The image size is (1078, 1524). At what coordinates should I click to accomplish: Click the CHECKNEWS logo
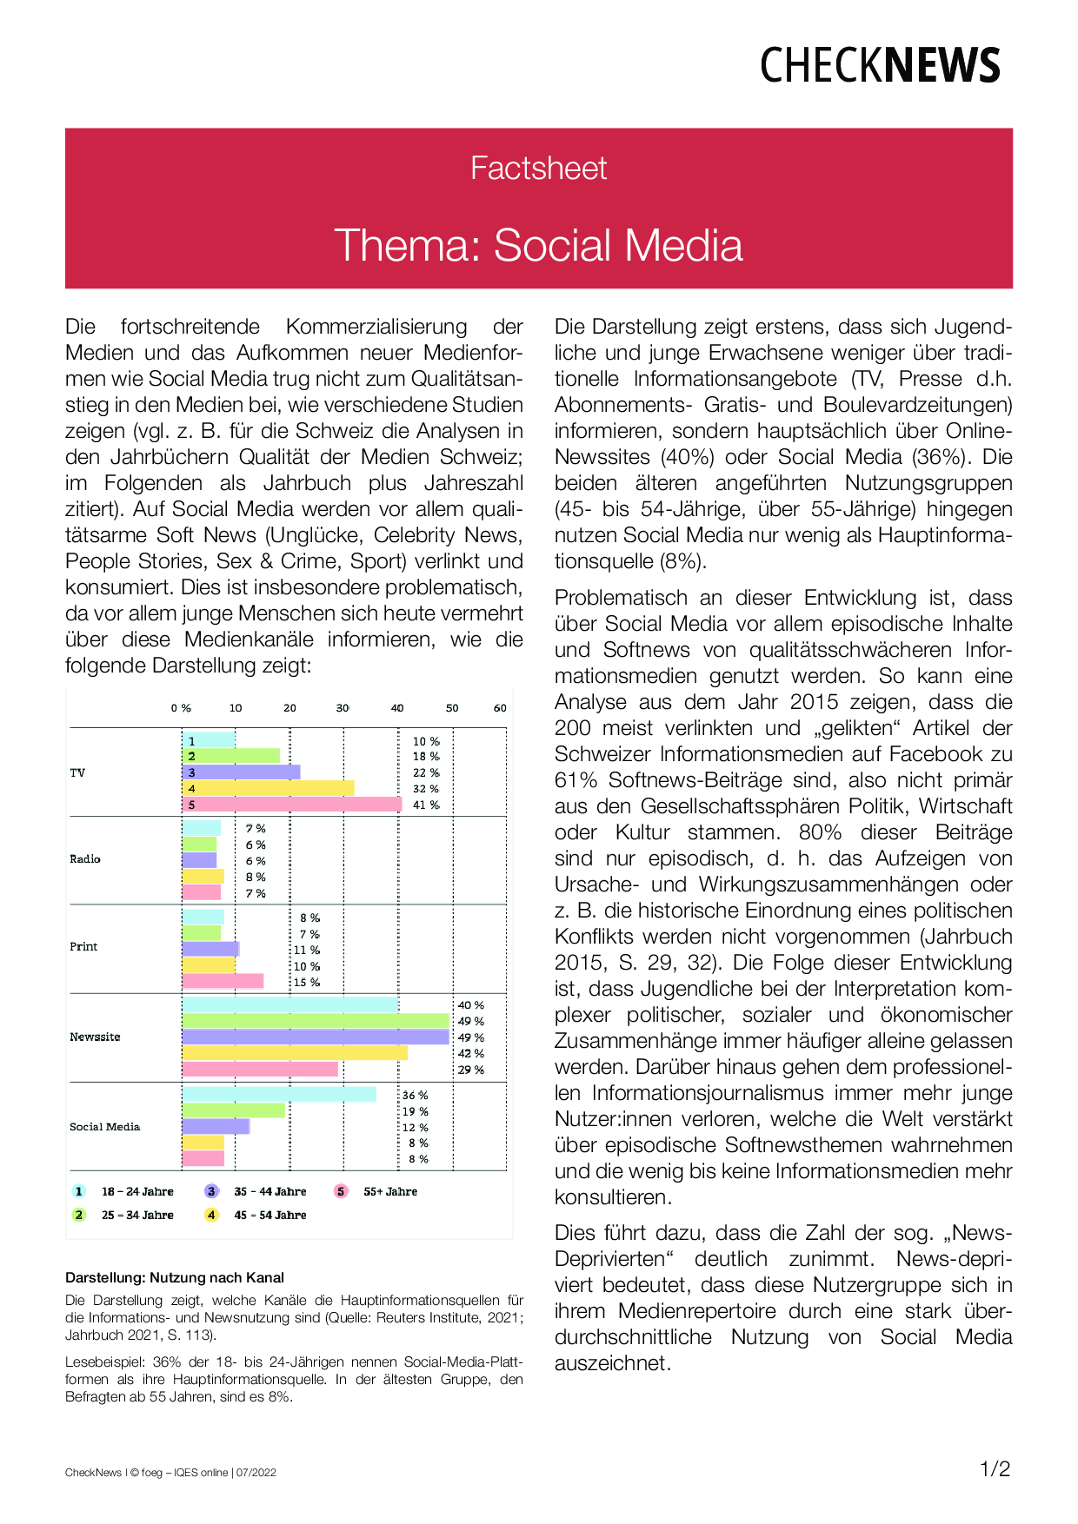tap(880, 65)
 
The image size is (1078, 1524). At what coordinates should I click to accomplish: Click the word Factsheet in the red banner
tap(538, 168)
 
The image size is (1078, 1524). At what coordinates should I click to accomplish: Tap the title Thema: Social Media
tap(538, 245)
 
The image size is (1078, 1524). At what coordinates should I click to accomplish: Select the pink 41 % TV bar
tap(292, 805)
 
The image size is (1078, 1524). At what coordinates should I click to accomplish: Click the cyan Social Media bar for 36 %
tap(279, 1095)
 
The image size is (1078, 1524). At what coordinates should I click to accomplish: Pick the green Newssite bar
tap(316, 1021)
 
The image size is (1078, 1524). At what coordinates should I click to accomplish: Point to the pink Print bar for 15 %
tap(223, 982)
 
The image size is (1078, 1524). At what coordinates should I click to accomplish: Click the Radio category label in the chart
tap(85, 859)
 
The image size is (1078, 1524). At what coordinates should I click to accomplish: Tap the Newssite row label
tap(95, 1037)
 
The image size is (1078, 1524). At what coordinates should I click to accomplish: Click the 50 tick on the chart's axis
tap(452, 708)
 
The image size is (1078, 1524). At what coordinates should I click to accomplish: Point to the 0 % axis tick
tap(181, 708)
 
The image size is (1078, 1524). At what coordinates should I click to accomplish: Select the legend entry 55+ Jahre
tap(389, 1192)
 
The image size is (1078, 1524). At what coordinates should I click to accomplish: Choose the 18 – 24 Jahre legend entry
tap(137, 1192)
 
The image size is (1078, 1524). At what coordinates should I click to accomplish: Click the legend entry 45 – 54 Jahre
tap(269, 1216)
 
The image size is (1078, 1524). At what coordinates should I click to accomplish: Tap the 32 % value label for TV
tap(426, 789)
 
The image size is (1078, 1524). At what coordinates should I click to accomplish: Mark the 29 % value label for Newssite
tap(470, 1070)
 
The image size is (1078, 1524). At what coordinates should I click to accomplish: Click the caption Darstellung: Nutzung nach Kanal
tap(175, 1277)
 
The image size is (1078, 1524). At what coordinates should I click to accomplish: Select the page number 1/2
tap(995, 1469)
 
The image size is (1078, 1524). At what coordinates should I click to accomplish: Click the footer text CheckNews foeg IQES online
tap(170, 1473)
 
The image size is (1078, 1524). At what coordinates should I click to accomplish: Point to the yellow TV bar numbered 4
tap(268, 788)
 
